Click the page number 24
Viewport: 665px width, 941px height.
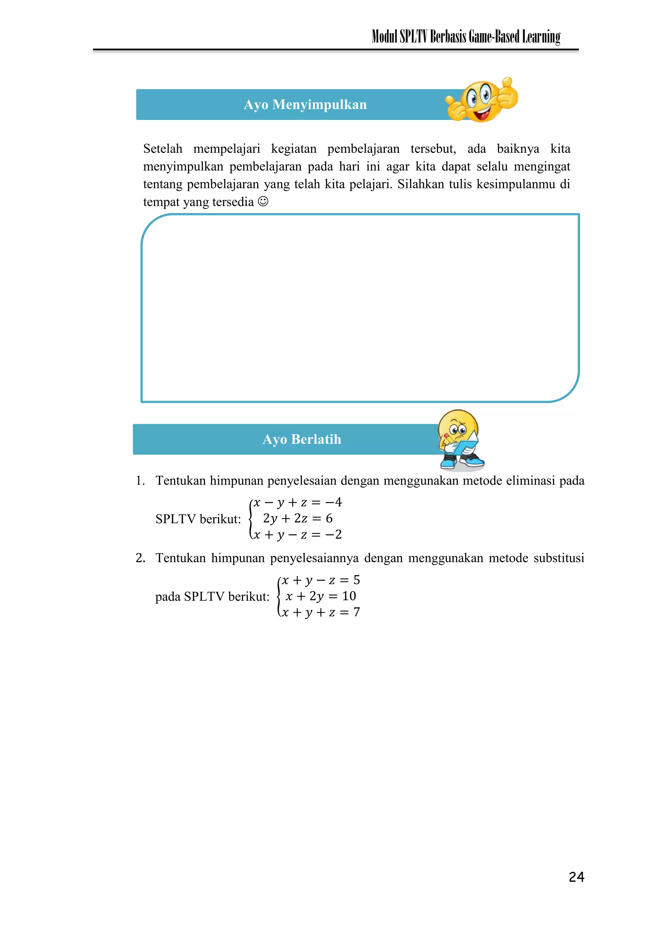pyautogui.click(x=576, y=877)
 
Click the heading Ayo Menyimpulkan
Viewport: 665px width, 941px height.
pyautogui.click(x=305, y=105)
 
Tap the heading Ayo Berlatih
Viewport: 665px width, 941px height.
pyautogui.click(x=302, y=439)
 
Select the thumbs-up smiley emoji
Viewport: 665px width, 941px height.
pyautogui.click(x=482, y=100)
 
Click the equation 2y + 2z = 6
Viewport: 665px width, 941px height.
pyautogui.click(x=297, y=518)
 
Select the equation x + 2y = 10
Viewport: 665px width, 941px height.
pyautogui.click(x=320, y=596)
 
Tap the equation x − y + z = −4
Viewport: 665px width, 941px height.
pyautogui.click(x=297, y=502)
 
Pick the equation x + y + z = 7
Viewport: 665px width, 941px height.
pyautogui.click(x=320, y=612)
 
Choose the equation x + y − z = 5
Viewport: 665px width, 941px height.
pyautogui.click(x=320, y=580)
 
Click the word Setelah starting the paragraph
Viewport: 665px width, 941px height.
pyautogui.click(x=163, y=149)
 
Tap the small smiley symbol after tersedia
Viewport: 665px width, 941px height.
pyautogui.click(x=263, y=202)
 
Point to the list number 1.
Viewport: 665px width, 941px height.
pyautogui.click(x=140, y=481)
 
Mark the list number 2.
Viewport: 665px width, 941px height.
pyautogui.click(x=140, y=558)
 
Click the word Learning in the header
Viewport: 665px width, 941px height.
pyautogui.click(x=541, y=37)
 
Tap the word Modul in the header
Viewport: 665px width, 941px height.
pyautogui.click(x=384, y=37)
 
